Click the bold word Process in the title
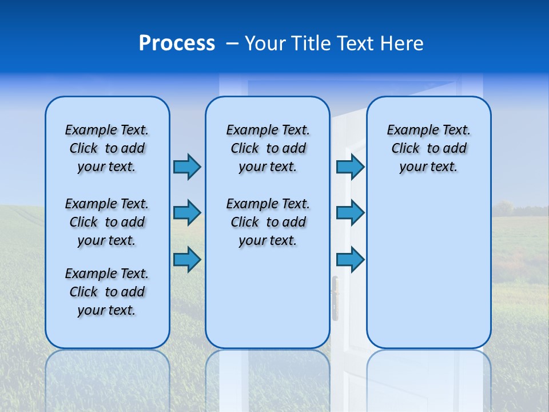tap(177, 43)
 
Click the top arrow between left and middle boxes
tap(187, 167)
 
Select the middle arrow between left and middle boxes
tap(187, 213)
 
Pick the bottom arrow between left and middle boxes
tap(187, 260)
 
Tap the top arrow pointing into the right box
tap(350, 167)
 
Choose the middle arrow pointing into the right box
tap(350, 213)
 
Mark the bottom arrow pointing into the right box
tap(350, 260)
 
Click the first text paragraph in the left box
tap(107, 148)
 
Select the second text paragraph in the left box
tap(107, 222)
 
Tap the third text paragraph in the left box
tap(107, 292)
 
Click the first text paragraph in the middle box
tap(268, 148)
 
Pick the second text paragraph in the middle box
tap(268, 222)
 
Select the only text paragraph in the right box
tap(429, 148)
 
